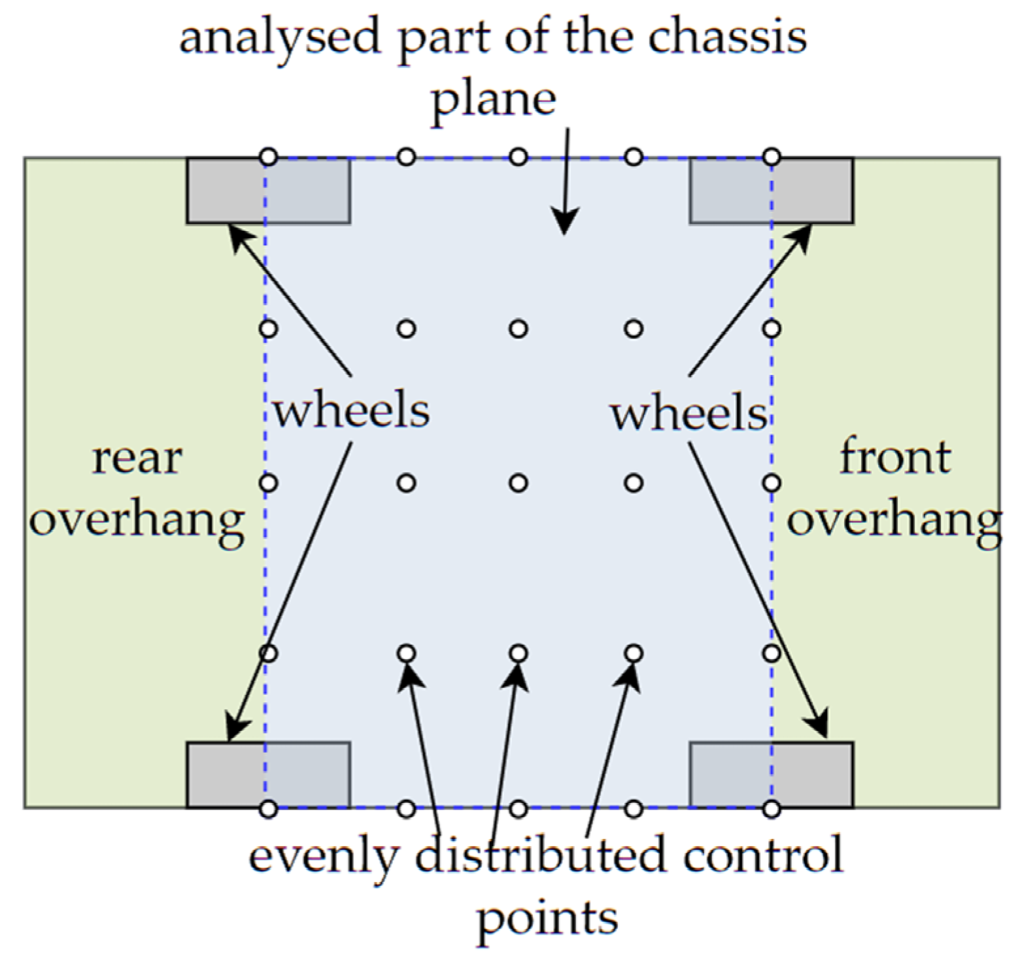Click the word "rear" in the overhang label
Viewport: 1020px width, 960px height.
pos(137,459)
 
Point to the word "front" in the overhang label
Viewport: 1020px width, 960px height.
pos(894,457)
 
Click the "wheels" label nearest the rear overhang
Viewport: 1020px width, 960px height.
pos(351,411)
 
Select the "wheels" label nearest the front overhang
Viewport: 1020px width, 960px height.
pos(688,414)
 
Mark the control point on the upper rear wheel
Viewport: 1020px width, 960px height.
pos(268,157)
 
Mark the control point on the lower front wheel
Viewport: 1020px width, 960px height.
pos(772,809)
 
